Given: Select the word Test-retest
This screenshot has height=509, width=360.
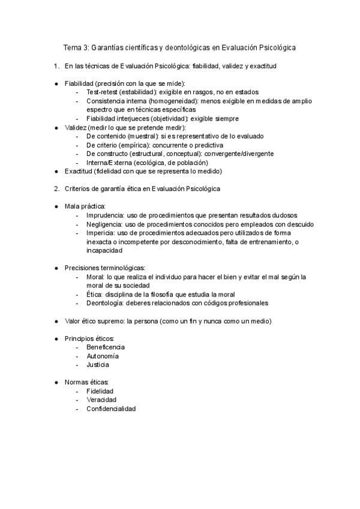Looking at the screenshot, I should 102,92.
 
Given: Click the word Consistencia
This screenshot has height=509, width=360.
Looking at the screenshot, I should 109,101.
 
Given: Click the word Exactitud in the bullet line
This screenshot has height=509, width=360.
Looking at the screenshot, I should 79,171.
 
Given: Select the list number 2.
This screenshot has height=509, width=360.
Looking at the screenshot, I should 56,189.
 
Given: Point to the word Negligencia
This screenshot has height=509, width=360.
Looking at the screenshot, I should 106,224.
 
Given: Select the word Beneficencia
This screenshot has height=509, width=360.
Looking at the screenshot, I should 106,348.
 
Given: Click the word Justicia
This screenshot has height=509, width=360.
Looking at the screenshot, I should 98,364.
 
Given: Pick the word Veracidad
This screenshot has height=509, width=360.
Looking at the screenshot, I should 101,400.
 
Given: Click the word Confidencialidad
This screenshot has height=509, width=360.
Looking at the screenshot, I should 111,409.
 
